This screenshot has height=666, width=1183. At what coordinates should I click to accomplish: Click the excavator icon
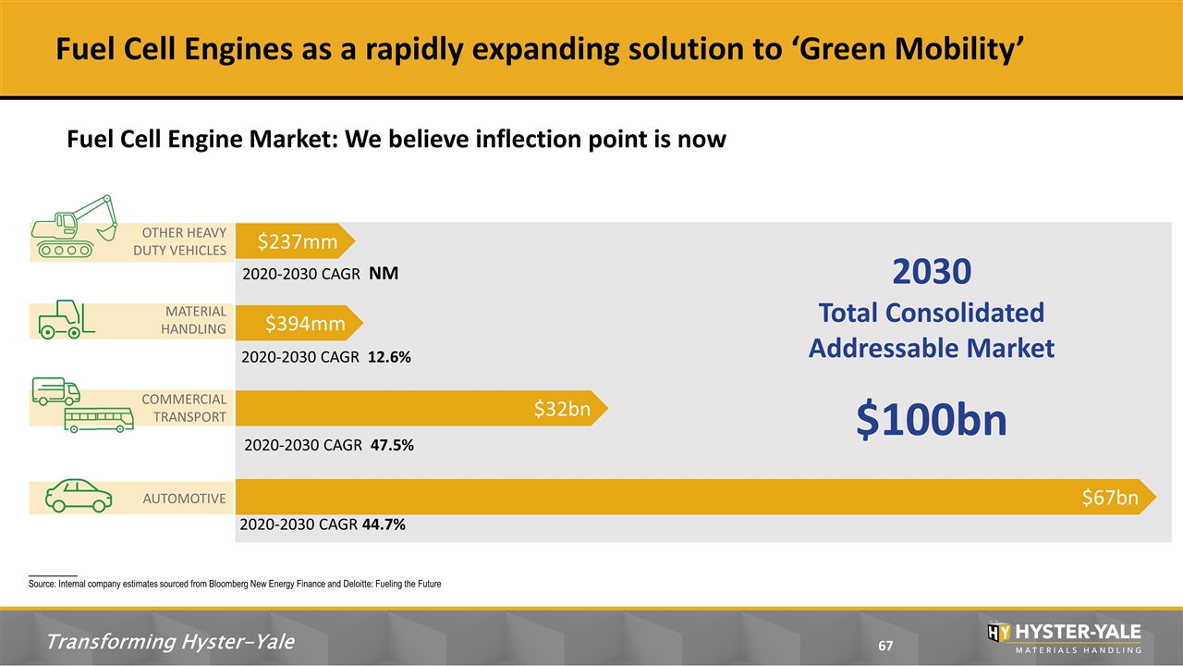74,227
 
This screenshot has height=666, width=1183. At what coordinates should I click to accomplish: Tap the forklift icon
67,319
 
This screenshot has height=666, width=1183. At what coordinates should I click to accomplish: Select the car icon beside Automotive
79,496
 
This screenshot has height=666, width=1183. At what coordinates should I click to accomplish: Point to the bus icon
99,420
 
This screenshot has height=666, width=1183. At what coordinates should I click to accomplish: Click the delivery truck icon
56,391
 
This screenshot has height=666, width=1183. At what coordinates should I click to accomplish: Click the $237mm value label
298,241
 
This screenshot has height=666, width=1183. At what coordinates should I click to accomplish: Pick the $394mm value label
305,323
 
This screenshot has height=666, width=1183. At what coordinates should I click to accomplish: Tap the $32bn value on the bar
562,409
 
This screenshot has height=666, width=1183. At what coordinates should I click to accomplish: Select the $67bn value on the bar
1110,497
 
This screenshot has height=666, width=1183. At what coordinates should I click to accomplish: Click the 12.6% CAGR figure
389,357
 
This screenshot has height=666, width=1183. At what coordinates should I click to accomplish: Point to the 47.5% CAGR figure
393,445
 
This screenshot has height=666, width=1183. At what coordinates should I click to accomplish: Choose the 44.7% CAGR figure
384,524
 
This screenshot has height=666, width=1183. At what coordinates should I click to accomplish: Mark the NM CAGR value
384,273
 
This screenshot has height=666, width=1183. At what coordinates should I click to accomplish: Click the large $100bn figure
932,420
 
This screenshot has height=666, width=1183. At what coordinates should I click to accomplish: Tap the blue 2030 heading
932,271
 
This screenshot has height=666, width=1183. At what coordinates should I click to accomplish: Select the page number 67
885,646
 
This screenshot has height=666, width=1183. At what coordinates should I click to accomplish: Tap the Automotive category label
184,499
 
